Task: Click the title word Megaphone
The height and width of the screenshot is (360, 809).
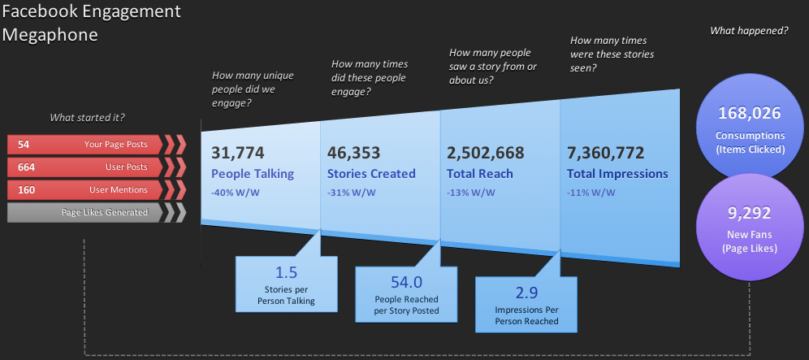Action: click(x=50, y=35)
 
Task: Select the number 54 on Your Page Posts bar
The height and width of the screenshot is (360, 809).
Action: click(x=24, y=145)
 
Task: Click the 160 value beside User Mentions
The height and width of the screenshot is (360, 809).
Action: click(x=26, y=189)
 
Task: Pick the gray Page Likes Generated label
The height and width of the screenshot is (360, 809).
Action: click(x=105, y=212)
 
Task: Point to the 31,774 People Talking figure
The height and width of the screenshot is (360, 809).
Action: click(x=238, y=153)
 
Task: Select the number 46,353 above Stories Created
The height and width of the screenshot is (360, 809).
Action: click(x=354, y=153)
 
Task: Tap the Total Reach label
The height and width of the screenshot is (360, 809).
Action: click(x=480, y=174)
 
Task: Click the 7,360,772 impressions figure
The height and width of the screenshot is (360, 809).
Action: click(x=606, y=153)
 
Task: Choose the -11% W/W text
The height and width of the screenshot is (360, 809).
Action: click(x=591, y=193)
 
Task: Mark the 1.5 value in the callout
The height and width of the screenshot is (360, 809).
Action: click(x=287, y=273)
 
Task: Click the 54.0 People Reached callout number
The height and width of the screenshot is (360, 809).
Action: click(x=407, y=282)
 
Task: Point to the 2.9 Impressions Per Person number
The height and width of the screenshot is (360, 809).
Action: click(x=526, y=293)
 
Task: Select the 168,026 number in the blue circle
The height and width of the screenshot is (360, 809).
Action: click(x=749, y=113)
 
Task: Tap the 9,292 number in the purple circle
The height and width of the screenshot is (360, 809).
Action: click(x=749, y=213)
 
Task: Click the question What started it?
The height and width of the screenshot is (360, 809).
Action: click(x=87, y=118)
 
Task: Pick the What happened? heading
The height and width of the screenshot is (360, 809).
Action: click(x=749, y=31)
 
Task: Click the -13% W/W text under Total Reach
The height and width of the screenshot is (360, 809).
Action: click(x=471, y=193)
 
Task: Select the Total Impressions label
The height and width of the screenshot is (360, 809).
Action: click(x=617, y=174)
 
